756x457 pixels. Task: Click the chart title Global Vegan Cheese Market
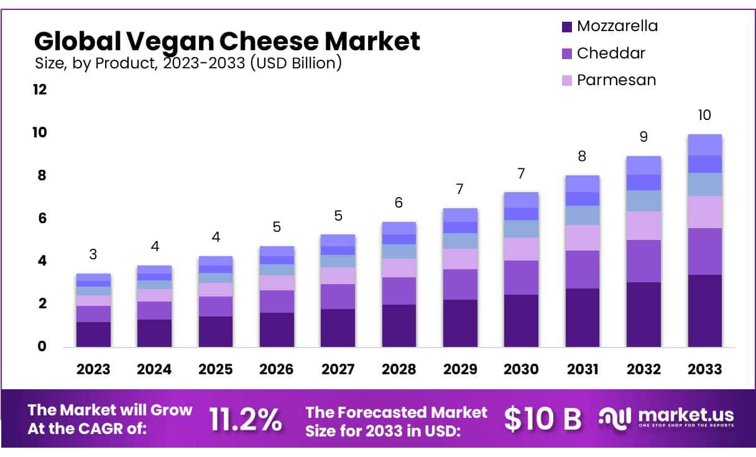[x=227, y=41]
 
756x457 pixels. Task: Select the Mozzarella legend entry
[x=609, y=26]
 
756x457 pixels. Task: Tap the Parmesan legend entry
[x=608, y=80]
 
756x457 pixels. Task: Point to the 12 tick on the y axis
[x=40, y=90]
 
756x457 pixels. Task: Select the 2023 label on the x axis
[x=93, y=369]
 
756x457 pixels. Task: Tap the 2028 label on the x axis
[x=399, y=369]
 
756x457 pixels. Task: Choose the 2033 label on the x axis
[x=704, y=369]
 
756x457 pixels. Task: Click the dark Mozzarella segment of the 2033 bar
[x=704, y=310]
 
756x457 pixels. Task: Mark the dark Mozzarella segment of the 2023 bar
[x=93, y=334]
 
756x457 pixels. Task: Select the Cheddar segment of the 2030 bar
[x=521, y=277]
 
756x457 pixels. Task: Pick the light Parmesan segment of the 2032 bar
[x=643, y=226]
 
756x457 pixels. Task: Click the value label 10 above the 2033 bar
[x=704, y=115]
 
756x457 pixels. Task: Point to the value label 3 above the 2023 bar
[x=93, y=254]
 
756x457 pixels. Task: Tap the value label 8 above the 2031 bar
[x=582, y=156]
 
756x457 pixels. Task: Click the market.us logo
[x=666, y=417]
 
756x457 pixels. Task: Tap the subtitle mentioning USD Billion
[x=188, y=63]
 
